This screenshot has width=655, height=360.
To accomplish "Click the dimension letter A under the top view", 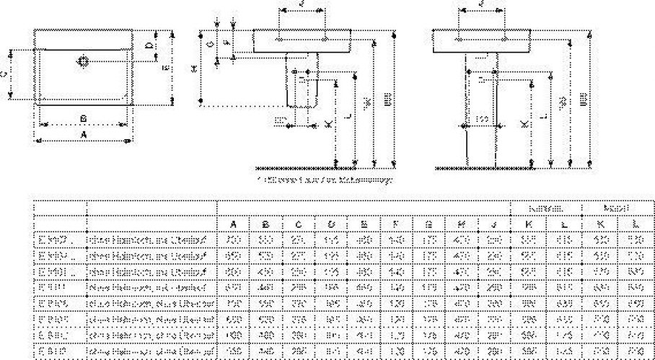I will coord(83,134).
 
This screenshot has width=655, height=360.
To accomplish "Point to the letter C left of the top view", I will coord(6,73).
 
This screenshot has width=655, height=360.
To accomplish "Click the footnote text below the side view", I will coord(325,179).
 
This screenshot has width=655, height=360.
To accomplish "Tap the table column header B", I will coord(266,223).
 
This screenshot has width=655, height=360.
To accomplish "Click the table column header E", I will coord(364,223).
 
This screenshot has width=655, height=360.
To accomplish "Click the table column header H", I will coord(462,223).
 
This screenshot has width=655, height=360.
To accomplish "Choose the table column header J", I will coord(494,223).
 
